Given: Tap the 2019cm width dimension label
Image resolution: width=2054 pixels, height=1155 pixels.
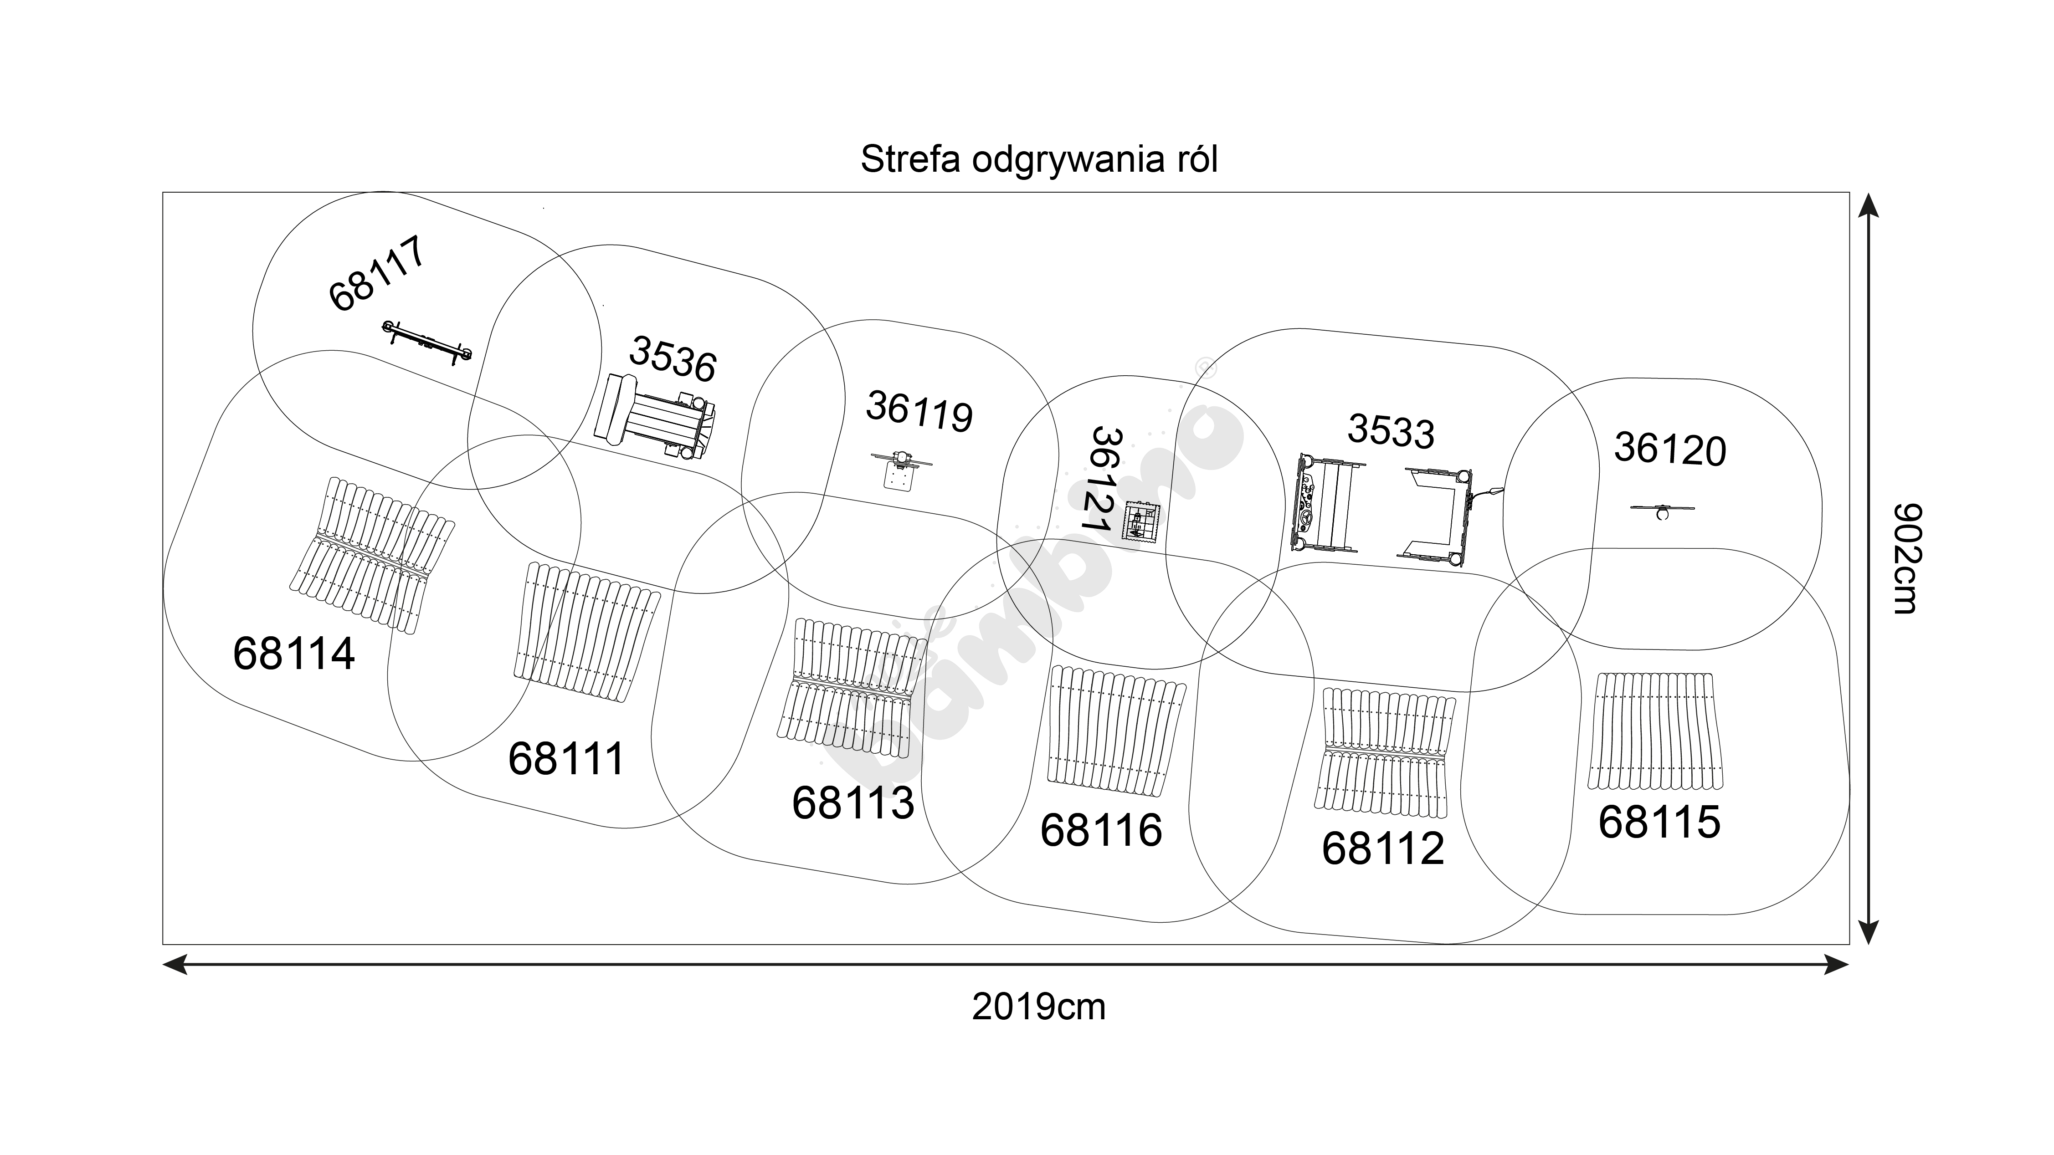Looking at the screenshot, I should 1038,1007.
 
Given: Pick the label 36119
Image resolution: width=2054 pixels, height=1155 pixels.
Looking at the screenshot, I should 919,411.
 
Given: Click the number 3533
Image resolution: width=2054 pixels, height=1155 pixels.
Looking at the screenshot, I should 1391,431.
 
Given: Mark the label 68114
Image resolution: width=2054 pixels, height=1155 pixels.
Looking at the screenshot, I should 293,654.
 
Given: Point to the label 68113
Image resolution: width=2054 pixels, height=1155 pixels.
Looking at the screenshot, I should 852,802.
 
